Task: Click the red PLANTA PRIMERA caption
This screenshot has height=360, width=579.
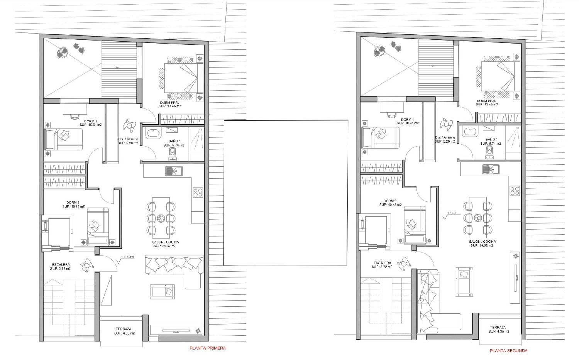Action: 207,348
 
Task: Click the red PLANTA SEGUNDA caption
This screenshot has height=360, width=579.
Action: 508,351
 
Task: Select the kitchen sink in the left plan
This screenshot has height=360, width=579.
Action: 174,170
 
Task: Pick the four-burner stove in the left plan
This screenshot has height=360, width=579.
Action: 198,192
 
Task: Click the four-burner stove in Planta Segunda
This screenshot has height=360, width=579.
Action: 515,191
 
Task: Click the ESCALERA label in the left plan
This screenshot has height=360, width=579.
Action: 61,265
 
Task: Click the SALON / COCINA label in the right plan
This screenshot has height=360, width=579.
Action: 482,242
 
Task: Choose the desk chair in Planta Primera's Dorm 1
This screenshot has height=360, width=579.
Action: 74,115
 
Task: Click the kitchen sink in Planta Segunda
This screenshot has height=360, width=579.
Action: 490,169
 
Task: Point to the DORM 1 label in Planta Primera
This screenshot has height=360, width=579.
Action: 90,121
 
